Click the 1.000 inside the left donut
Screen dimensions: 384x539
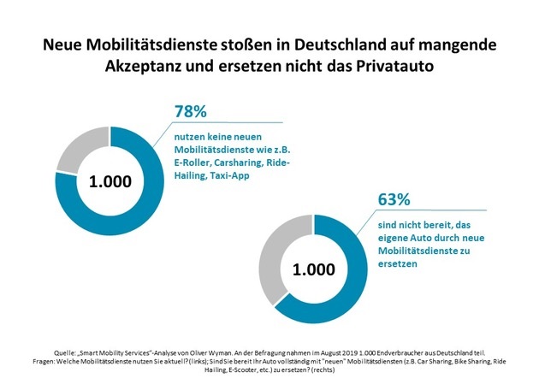click(110, 181)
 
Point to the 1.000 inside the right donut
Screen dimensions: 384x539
click(313, 271)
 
